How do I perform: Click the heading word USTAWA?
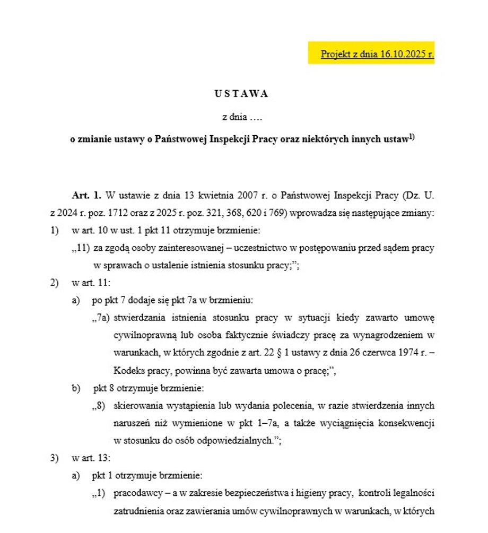pos(242,94)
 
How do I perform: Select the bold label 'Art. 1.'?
pos(86,195)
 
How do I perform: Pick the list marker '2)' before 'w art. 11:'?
pos(55,283)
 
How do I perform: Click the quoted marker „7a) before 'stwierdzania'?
pos(100,318)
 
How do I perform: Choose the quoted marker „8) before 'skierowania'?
pos(99,406)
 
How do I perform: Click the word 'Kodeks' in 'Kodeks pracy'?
pos(127,371)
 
